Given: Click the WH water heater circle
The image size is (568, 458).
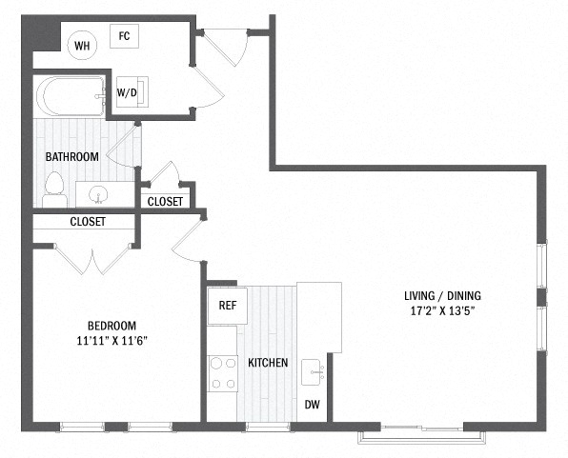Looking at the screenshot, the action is [x=82, y=46].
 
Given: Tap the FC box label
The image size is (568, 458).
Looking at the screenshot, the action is [x=124, y=36].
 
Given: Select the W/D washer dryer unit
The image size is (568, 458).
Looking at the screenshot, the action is [x=132, y=92].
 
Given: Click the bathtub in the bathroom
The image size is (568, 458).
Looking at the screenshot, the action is [x=71, y=96].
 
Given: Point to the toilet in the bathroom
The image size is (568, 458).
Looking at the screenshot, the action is [x=54, y=189].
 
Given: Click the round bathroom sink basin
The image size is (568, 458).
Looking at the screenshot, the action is [x=98, y=194].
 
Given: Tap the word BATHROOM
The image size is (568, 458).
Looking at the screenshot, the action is [x=72, y=157].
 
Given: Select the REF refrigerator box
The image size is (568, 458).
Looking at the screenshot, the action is [x=228, y=306].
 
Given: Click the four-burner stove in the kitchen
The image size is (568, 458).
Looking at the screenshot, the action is [x=223, y=373].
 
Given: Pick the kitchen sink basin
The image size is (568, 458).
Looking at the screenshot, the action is [x=312, y=372].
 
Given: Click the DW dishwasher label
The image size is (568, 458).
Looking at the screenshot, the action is [x=313, y=405].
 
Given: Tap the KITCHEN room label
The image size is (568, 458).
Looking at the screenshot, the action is [x=268, y=363].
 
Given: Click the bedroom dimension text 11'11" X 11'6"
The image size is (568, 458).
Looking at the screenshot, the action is [x=112, y=341].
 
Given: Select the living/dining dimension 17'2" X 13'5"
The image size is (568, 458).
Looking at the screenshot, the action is [x=442, y=311].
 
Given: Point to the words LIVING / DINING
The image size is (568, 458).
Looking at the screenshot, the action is [x=442, y=296].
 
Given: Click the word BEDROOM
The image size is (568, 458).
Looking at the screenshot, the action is [x=112, y=326].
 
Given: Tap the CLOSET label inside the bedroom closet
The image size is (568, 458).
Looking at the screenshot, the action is [x=88, y=222].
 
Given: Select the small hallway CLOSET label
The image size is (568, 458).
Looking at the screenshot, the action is [x=165, y=202].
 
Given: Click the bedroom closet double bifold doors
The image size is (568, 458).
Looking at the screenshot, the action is [x=92, y=260].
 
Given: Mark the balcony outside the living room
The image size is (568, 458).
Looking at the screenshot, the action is [x=421, y=437].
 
